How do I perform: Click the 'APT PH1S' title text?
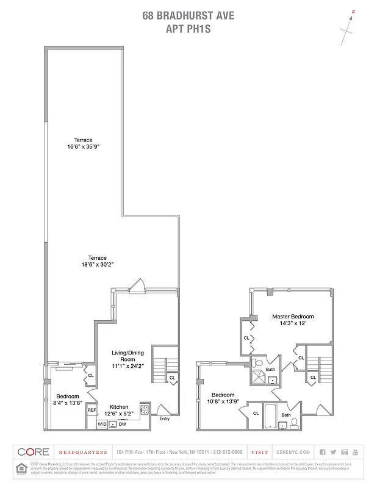(188, 27)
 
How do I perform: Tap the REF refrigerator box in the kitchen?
(92, 411)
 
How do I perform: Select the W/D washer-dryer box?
(101, 423)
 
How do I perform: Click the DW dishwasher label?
(122, 423)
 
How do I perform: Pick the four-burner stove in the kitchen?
(145, 410)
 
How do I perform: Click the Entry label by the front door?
(164, 418)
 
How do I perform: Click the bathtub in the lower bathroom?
(270, 417)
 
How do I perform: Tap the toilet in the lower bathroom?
(295, 422)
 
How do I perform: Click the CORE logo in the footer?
(33, 452)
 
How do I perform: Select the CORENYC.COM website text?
(293, 452)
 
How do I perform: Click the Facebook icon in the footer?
(323, 452)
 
